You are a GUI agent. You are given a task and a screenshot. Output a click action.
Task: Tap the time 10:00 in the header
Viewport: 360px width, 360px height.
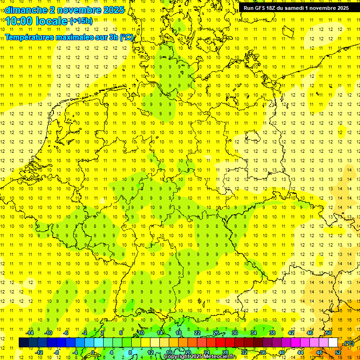19,21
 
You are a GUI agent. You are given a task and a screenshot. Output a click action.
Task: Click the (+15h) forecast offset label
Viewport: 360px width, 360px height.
81,21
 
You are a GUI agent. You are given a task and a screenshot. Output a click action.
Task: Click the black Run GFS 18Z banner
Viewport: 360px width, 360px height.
295,8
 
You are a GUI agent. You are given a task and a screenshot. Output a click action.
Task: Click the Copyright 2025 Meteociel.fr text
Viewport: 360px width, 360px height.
201,357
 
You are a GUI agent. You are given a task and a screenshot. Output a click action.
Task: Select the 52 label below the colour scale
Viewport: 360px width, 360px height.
338,352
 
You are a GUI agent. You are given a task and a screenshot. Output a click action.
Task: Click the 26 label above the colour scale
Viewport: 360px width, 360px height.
216,333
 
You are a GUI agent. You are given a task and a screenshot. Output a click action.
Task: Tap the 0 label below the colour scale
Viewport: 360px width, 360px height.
93,352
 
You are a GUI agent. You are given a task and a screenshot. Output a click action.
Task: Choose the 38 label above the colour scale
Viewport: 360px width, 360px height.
272,333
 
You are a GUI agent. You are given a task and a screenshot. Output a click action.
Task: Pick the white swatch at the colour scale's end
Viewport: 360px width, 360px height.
333,343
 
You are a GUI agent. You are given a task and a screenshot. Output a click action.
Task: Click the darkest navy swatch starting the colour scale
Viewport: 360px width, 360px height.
23,343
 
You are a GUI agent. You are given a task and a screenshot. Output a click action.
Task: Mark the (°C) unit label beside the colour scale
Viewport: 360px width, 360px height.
349,343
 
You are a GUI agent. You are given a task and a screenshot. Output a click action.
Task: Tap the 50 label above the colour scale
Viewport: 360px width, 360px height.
329,333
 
